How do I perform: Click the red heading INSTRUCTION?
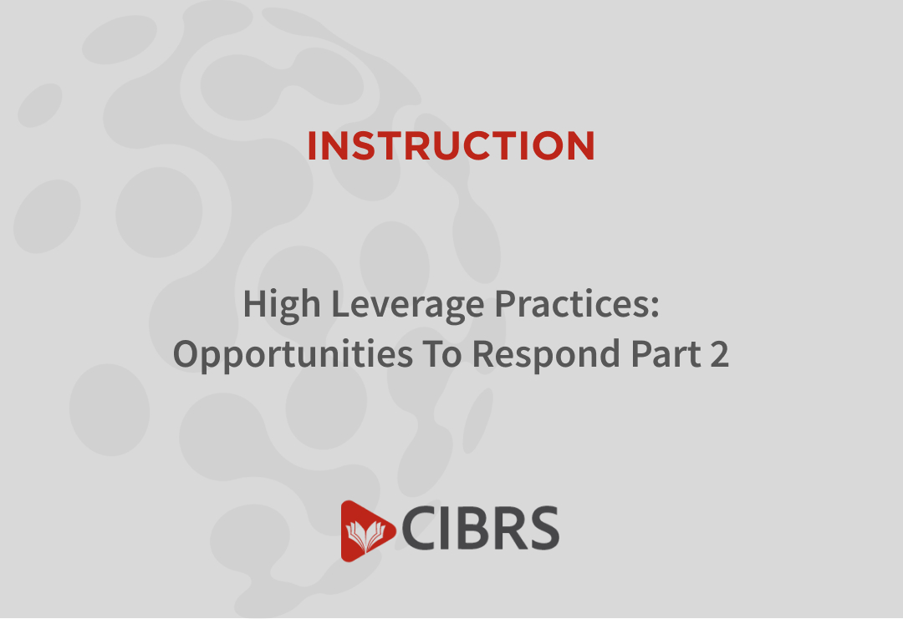coord(451,145)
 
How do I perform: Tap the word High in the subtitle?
coord(282,305)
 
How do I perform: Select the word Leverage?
coord(407,305)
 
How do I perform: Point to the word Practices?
coord(577,303)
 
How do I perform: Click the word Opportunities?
coord(293,354)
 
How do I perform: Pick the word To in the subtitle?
coord(442,354)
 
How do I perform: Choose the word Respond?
coord(546,354)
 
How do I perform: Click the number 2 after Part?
coord(720,354)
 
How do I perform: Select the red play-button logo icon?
coord(367,530)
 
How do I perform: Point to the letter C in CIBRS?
coord(420,528)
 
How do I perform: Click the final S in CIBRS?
coord(543,528)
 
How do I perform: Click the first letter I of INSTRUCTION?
coord(312,145)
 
